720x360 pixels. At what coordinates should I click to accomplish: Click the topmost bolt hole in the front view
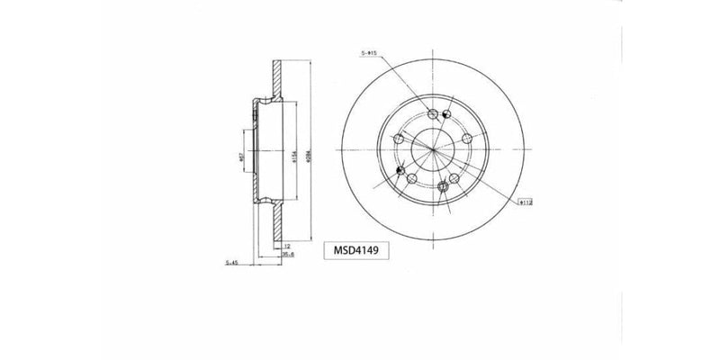click(433, 114)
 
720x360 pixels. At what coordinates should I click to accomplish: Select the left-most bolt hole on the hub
click(399, 139)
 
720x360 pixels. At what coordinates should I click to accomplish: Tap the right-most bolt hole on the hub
click(467, 138)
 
